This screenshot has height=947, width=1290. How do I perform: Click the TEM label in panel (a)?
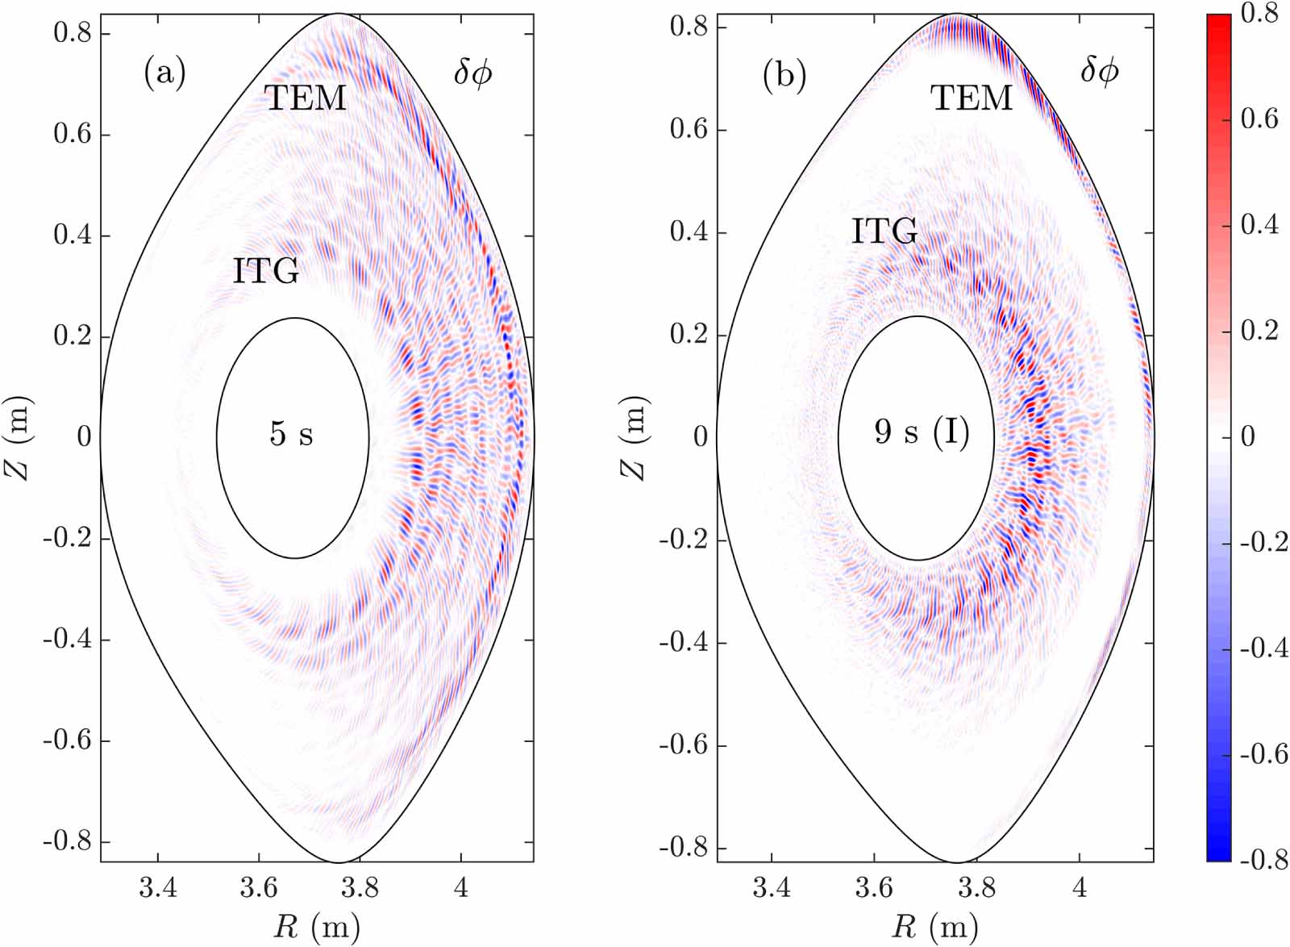306,98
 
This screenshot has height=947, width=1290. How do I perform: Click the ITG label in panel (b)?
884,232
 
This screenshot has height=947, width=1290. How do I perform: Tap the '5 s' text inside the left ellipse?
291,435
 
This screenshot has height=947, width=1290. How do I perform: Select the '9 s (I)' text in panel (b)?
922,433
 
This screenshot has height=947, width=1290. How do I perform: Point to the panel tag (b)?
784,74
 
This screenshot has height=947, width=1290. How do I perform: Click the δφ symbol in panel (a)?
472,73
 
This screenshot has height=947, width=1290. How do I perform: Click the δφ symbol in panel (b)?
1099,72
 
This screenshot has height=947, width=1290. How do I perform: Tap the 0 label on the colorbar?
1248,437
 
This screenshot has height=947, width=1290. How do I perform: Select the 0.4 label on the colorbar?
1259,225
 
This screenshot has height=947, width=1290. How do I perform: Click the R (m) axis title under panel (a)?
316,928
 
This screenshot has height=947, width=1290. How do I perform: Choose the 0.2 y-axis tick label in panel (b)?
689,335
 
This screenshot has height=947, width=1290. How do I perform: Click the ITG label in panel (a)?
266,272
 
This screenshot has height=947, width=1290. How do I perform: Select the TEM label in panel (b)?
972,98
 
